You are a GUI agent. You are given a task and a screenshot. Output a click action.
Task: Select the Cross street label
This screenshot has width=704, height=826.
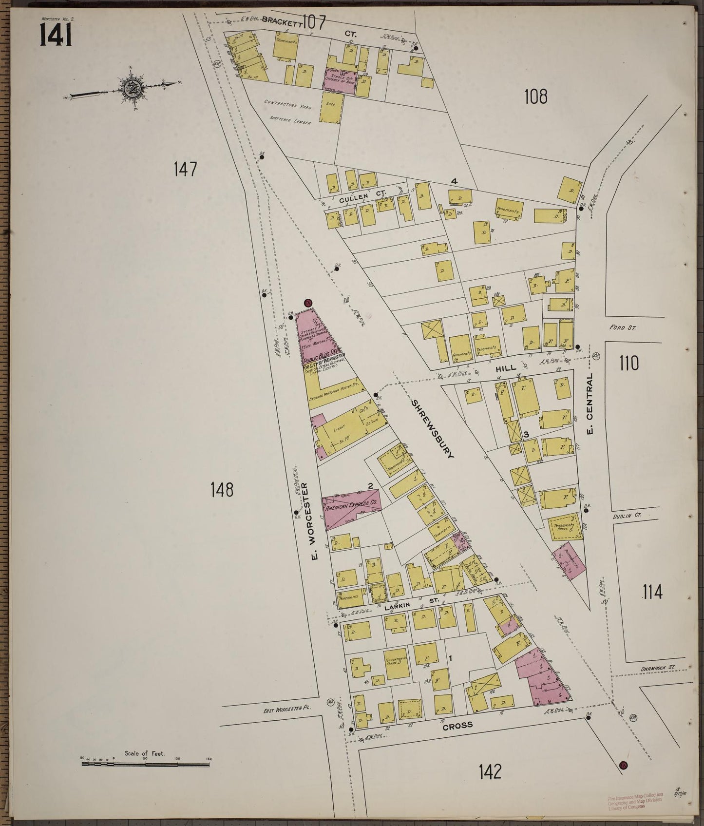[457, 725]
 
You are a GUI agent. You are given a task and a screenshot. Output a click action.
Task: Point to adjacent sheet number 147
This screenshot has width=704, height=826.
[185, 170]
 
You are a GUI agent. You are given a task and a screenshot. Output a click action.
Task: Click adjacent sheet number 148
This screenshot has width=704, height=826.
[222, 489]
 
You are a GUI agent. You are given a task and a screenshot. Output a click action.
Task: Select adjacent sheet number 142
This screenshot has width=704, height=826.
[490, 771]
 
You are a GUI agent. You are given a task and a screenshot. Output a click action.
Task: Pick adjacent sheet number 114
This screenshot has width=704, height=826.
[652, 592]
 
